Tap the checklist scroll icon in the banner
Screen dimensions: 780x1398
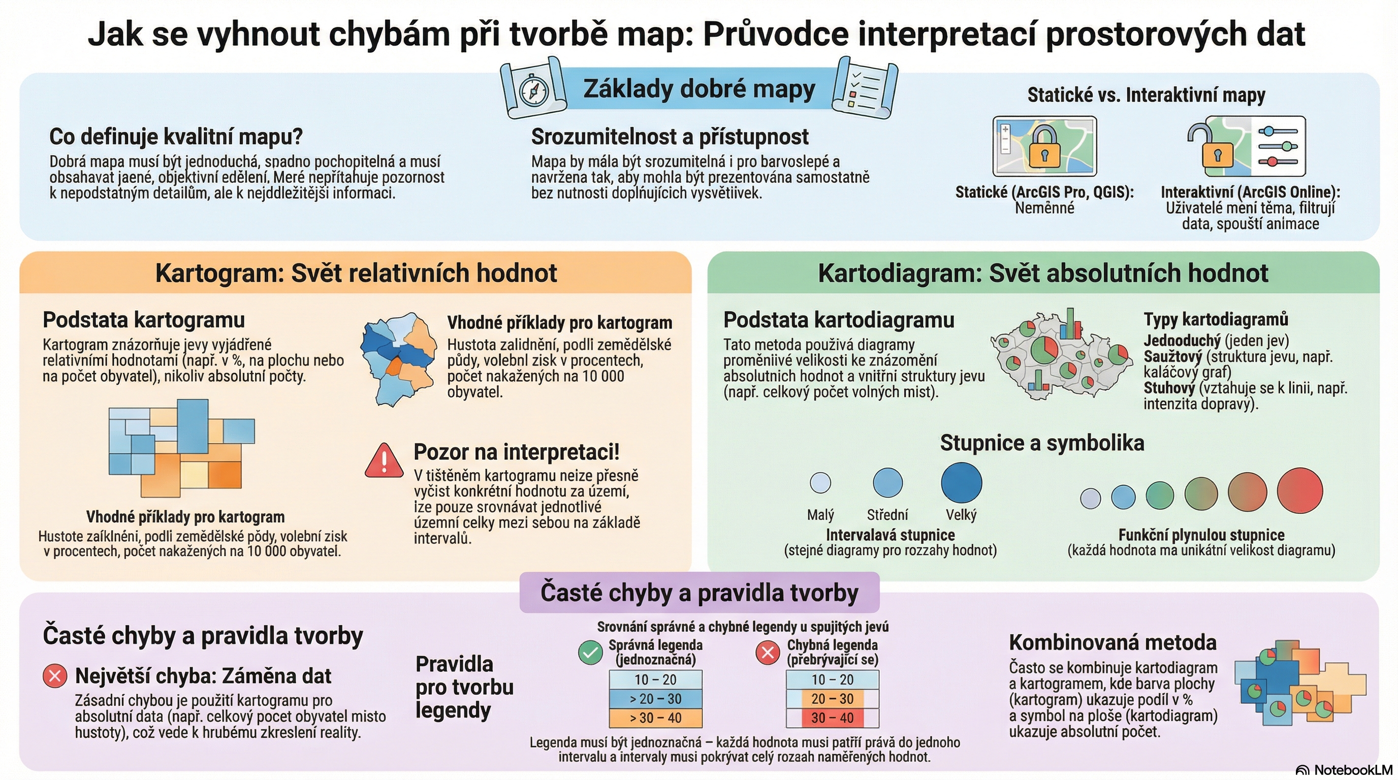pyautogui.click(x=864, y=88)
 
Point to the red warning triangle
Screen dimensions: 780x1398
pyautogui.click(x=384, y=461)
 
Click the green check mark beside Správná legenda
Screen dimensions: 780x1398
pyautogui.click(x=590, y=653)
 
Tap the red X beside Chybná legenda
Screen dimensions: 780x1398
pyautogui.click(x=768, y=653)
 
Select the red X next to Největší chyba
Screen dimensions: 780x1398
pyautogui.click(x=55, y=676)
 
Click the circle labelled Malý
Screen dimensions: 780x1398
pyautogui.click(x=820, y=482)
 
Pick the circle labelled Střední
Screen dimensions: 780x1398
pyautogui.click(x=887, y=482)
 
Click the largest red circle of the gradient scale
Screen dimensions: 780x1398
pyautogui.click(x=1300, y=491)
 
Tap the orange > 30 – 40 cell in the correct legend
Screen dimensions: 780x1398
pyautogui.click(x=656, y=718)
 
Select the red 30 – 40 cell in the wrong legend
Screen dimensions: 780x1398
pyautogui.click(x=832, y=718)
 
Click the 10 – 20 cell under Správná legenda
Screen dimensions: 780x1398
pyautogui.click(x=656, y=679)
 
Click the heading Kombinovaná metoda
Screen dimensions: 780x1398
pyautogui.click(x=1113, y=642)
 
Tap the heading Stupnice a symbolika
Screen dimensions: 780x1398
pyautogui.click(x=1042, y=443)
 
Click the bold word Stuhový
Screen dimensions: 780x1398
pyautogui.click(x=1169, y=388)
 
